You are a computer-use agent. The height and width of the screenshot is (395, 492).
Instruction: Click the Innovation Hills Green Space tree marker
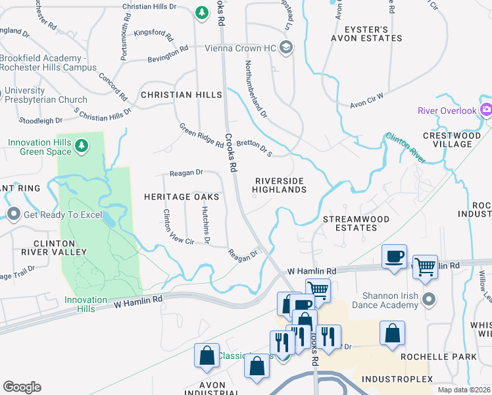click(x=82, y=145)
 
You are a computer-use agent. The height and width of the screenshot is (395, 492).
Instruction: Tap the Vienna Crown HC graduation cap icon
click(x=285, y=47)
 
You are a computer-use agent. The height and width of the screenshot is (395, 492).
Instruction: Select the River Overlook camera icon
click(x=486, y=110)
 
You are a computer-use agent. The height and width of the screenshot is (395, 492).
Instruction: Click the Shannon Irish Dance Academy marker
click(x=429, y=300)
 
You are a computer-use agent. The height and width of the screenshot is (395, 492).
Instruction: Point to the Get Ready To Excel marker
click(x=14, y=215)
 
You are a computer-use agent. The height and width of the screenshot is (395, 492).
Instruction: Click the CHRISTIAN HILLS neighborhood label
click(x=182, y=95)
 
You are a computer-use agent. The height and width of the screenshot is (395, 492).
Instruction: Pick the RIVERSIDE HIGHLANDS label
click(x=281, y=185)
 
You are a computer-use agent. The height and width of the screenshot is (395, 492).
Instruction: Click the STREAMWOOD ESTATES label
click(x=356, y=223)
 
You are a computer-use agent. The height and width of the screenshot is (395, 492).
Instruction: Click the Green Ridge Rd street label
click(x=201, y=135)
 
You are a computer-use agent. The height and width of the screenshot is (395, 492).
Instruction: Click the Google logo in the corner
click(x=22, y=386)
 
